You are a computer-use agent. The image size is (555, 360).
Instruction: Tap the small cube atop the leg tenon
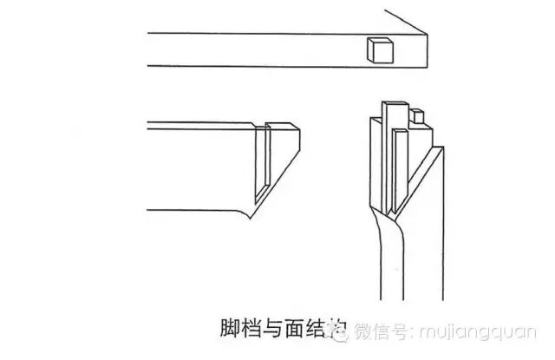click(418, 115)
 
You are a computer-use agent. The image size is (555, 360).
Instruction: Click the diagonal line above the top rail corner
click(406, 22)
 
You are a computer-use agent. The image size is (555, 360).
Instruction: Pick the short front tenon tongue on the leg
click(401, 169)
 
